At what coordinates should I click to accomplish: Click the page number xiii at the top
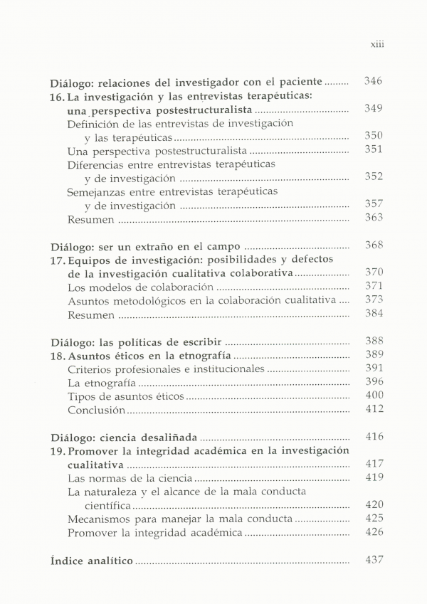[377, 43]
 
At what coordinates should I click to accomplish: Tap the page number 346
[373, 81]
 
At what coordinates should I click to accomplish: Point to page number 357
[373, 204]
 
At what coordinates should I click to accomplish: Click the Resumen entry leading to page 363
[90, 220]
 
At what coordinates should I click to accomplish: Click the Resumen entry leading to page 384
[90, 314]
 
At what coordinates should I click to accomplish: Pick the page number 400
[373, 396]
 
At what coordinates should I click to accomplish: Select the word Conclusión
[97, 410]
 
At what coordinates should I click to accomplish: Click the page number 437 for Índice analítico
[373, 560]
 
